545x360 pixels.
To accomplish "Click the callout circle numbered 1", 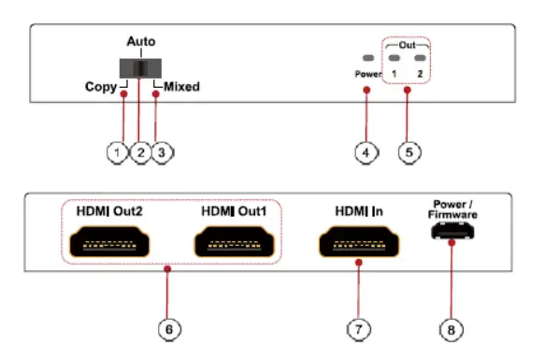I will click(x=116, y=152).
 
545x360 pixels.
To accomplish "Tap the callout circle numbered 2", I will click(x=140, y=152).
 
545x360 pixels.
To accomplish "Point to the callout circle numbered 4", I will click(x=366, y=152).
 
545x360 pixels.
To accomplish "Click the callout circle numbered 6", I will click(x=166, y=328).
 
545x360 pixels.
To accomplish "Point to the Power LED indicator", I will click(x=366, y=58).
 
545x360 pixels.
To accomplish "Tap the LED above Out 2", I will click(x=419, y=58).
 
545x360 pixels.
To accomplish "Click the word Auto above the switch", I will click(x=141, y=43).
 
